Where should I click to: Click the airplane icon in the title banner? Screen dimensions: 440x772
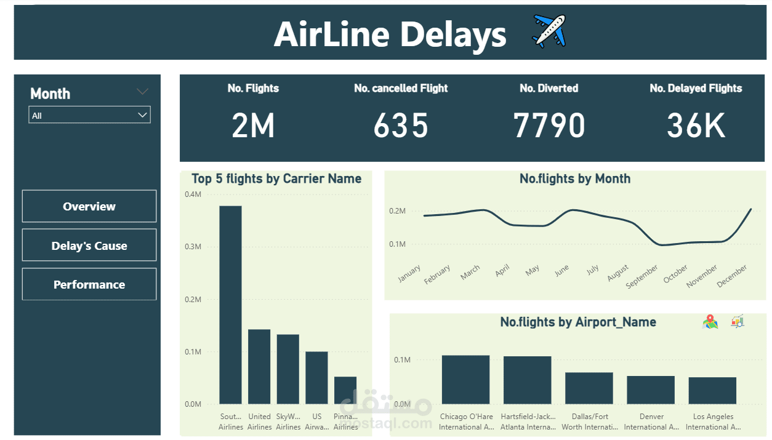point(549,31)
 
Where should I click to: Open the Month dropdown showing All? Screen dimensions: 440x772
point(89,115)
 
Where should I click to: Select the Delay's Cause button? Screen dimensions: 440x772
point(89,246)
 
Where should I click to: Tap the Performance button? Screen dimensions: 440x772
point(89,284)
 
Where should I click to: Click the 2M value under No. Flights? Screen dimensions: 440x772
point(253,126)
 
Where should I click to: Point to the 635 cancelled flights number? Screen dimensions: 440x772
point(401,126)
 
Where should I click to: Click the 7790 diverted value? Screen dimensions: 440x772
point(549,126)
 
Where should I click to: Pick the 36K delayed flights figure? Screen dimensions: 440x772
point(696,126)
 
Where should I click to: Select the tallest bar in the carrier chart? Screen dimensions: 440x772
point(230,305)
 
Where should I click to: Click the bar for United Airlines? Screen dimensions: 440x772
point(259,367)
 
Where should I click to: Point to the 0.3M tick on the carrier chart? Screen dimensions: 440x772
point(193,247)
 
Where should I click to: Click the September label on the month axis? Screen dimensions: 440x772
point(641,277)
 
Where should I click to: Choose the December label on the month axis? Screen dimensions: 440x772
point(732,276)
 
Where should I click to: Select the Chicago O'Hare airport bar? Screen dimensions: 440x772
point(465,380)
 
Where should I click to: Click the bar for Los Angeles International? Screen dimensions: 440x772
point(712,391)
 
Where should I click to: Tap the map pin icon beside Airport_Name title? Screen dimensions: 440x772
point(710,321)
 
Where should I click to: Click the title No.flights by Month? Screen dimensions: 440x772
point(575,179)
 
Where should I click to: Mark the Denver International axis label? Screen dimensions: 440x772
point(651,422)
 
